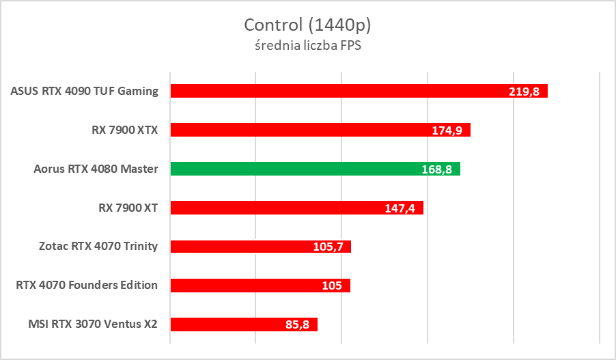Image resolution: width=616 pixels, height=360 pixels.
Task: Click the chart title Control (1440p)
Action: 307,25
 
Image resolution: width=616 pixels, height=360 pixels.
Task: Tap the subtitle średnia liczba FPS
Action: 307,46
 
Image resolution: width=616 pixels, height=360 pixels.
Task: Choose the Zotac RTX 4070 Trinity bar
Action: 260,247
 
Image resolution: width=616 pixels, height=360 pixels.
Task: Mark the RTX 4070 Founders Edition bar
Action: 260,286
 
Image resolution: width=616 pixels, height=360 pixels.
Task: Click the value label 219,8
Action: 524,92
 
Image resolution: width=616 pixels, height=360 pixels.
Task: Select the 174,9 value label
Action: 447,130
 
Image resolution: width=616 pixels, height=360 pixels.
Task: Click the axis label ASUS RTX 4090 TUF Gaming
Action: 85,91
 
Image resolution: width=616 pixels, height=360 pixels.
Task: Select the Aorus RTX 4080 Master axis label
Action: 96,169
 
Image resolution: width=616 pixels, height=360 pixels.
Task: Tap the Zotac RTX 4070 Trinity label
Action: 98,247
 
